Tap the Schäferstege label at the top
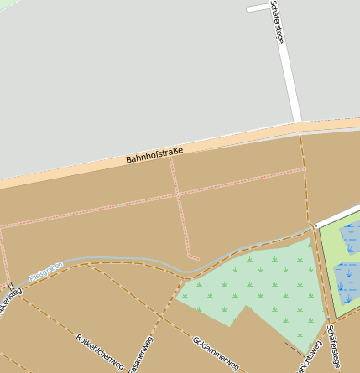coord(278,23)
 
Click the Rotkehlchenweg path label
coord(100,352)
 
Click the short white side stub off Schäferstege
coord(258,8)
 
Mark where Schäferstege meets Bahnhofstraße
coord(299,127)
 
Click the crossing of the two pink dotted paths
coord(178,194)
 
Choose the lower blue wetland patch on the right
coord(347,281)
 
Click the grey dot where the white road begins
coord(315,226)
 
